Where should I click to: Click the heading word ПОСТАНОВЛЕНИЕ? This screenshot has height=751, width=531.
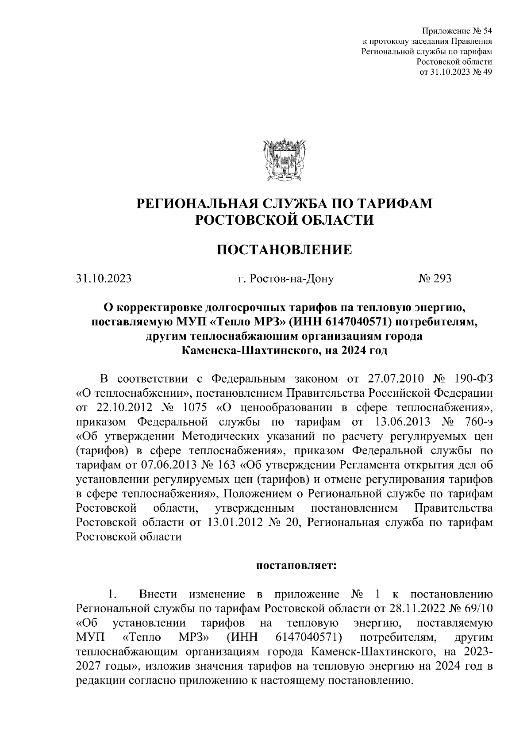tap(285, 250)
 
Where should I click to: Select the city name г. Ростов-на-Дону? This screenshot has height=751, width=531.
tap(286, 279)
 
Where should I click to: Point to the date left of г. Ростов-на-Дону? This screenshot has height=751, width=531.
tap(104, 279)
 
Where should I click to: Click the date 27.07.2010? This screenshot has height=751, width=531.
tap(396, 379)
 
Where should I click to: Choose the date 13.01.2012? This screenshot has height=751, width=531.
tap(234, 522)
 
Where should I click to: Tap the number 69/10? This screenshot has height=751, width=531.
tap(476, 608)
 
